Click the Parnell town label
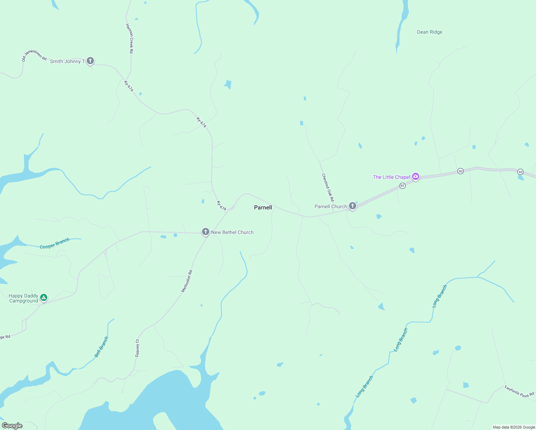[x=263, y=207]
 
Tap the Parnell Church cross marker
[x=353, y=206]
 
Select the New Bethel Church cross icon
[x=206, y=232]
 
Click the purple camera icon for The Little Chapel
[x=416, y=176]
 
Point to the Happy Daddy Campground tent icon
[x=44, y=297]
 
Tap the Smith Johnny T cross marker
[x=90, y=61]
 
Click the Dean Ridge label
[x=430, y=32]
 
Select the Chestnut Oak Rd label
[x=328, y=187]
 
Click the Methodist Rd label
[x=187, y=281]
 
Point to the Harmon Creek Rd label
[x=130, y=39]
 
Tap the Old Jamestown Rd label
[x=34, y=56]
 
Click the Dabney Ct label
[x=137, y=348]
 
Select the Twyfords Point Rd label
[x=519, y=391]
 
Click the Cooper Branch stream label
[x=54, y=244]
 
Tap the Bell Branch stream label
[x=101, y=347]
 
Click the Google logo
[x=12, y=426]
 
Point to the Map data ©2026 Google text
[x=514, y=427]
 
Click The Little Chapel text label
[x=392, y=177]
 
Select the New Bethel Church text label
[x=232, y=232]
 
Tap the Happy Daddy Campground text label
[x=24, y=298]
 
